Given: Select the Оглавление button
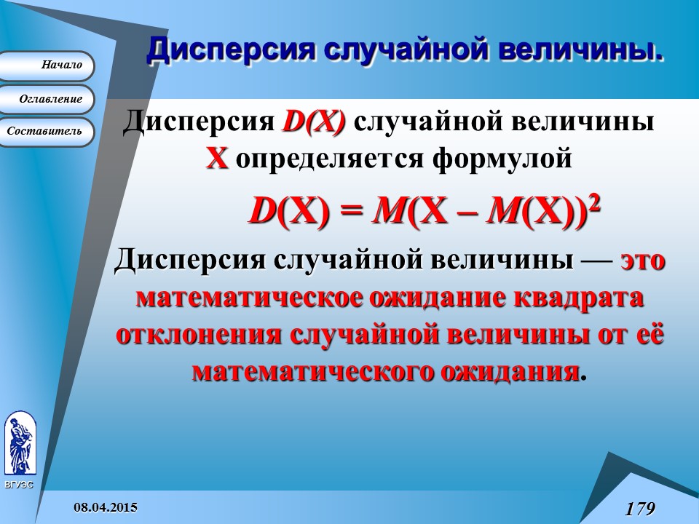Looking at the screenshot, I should click(x=48, y=98).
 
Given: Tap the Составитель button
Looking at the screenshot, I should click(x=47, y=131).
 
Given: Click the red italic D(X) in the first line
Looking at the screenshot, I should click(x=314, y=123).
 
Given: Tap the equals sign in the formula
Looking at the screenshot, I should click(x=352, y=212).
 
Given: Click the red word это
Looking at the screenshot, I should click(x=643, y=260).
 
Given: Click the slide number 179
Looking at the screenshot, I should click(x=640, y=507).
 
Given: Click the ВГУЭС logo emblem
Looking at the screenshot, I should click(x=19, y=443).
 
